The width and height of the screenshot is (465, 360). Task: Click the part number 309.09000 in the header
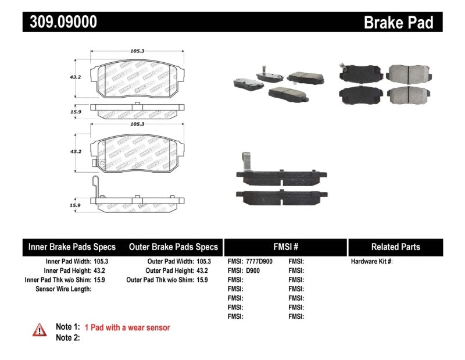60,22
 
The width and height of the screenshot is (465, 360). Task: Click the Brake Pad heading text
398,23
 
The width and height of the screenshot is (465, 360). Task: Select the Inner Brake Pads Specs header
72,247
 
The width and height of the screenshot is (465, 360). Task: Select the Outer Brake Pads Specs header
173,247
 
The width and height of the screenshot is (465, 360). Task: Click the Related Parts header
395,247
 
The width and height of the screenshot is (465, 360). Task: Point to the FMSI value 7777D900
259,262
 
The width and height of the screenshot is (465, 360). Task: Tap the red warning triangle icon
39,330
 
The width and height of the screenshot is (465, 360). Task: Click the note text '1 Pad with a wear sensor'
127,327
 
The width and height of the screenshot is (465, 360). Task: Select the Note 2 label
67,337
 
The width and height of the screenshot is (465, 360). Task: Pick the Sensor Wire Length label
63,288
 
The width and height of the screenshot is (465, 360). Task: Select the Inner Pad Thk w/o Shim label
54,280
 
